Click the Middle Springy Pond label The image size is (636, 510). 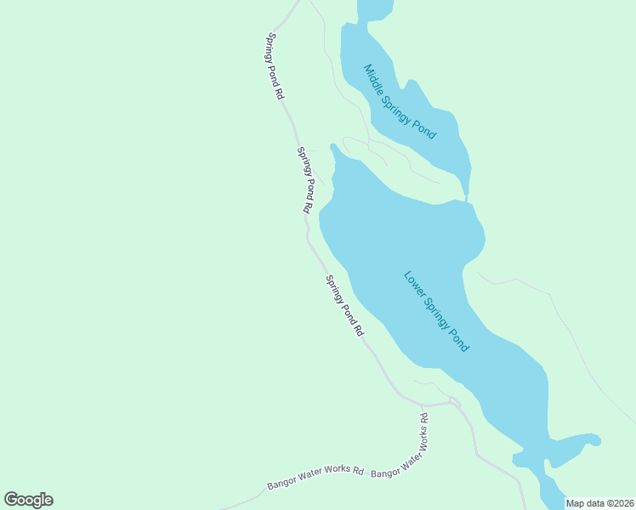pos(400,102)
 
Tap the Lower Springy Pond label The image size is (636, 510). pos(436,312)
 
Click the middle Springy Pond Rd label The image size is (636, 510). pos(306,179)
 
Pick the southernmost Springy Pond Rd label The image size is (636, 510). pos(344,305)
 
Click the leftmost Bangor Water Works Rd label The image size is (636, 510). pos(315,478)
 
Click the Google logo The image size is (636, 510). pos(28,500)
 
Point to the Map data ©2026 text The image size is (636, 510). pos(599,503)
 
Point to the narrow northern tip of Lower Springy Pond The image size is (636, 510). pos(335,152)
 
